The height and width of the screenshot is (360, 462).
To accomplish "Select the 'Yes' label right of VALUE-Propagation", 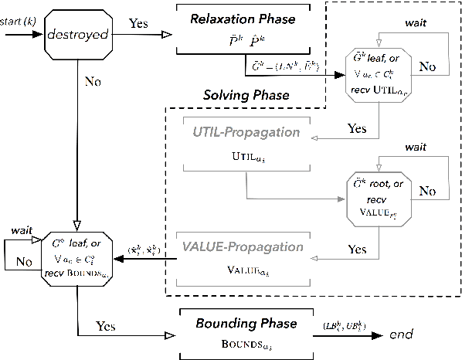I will tap(357, 250).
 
